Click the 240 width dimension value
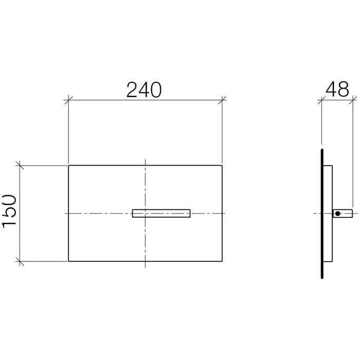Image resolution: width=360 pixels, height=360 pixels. tap(145, 89)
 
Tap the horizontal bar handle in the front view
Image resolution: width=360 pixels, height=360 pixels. tap(161, 213)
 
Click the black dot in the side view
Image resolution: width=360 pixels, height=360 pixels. tap(337, 213)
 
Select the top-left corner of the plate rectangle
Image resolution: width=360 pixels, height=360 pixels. tap(68, 166)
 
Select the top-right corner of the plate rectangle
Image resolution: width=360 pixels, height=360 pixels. tap(222, 166)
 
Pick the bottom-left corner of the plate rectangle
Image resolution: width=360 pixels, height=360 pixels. tap(68, 261)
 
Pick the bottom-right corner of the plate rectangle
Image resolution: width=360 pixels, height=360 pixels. tap(222, 261)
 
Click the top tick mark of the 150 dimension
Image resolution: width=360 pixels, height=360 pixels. tap(20, 166)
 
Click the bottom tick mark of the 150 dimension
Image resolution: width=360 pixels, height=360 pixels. tap(20, 261)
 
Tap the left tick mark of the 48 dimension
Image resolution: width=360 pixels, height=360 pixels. tap(321, 100)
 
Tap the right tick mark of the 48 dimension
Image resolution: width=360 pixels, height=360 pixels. tap(352, 100)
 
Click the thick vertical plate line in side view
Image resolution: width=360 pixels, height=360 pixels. tap(322, 213)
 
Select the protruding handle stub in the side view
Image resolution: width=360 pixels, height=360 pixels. tap(344, 213)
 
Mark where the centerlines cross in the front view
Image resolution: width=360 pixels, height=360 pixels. tap(146, 213)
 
